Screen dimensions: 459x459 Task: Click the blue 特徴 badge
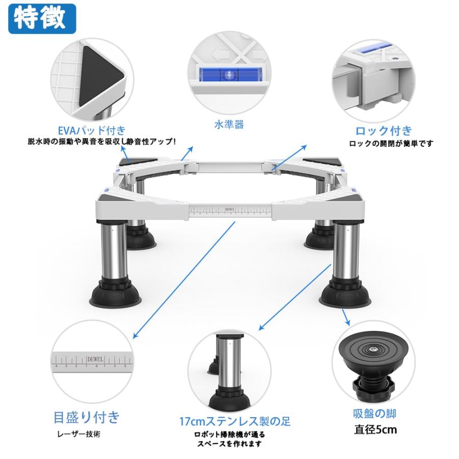pos(42,18)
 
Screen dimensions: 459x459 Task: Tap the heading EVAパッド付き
pos(92,131)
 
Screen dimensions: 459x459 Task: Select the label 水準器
pos(229,125)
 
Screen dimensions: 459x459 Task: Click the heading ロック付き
pos(384,131)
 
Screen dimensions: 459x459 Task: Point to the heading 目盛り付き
pos(87,417)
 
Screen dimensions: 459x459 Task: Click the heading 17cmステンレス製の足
pos(235,422)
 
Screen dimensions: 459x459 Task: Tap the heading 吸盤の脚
pos(374,414)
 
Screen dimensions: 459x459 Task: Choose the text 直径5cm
pos(375,430)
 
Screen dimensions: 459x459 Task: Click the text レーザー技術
pos(79,434)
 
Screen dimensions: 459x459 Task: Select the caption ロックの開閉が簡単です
pos(391,144)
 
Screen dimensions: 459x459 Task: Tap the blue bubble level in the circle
pos(228,74)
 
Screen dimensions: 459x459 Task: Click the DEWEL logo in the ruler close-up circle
pos(95,359)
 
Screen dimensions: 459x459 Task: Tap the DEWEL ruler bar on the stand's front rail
pos(231,211)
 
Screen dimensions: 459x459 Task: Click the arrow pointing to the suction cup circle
pos(346,317)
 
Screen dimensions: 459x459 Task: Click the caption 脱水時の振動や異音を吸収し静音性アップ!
pos(102,142)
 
